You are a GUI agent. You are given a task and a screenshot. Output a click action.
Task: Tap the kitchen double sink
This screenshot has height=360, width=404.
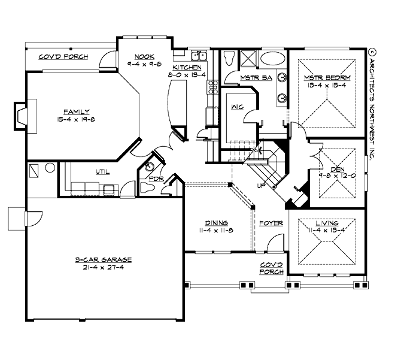click(x=198, y=57)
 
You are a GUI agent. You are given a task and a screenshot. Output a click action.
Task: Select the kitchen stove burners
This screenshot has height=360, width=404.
click(x=211, y=90)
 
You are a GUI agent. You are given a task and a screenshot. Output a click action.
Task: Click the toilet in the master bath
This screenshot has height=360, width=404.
click(x=229, y=59)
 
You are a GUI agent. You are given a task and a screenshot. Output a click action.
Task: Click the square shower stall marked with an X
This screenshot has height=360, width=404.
click(x=248, y=60)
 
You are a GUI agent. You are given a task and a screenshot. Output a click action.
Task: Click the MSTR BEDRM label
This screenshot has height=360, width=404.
click(x=327, y=78)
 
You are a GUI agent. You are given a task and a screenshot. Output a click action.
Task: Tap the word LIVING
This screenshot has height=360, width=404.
click(x=326, y=223)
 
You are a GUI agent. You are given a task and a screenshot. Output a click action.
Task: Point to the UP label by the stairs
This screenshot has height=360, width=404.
click(x=262, y=186)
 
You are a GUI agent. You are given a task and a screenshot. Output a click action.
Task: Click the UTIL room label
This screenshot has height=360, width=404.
click(x=103, y=172)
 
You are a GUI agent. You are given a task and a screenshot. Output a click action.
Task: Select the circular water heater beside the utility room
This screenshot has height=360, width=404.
click(x=50, y=168)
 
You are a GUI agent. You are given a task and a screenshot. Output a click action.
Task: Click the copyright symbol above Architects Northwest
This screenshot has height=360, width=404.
click(x=371, y=52)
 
